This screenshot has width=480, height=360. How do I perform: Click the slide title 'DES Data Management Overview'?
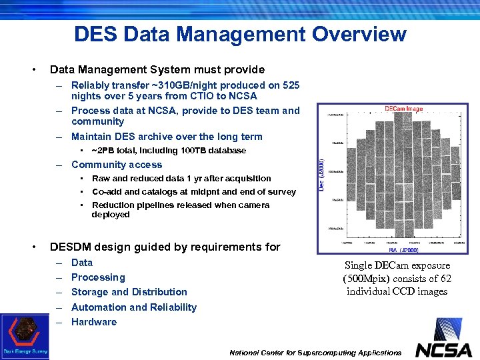[x=240, y=33]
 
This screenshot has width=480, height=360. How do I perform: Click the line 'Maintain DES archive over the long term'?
[x=167, y=137]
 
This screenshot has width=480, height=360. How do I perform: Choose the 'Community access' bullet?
[x=117, y=165]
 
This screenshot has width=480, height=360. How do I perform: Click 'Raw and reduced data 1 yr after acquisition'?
[x=181, y=179]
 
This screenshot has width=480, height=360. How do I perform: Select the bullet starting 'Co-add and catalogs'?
[x=193, y=192]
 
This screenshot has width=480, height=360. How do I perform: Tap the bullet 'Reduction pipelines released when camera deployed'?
[x=180, y=210]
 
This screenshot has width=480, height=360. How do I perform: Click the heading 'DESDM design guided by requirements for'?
[x=165, y=247]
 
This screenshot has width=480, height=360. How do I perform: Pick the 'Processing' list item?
[x=98, y=277]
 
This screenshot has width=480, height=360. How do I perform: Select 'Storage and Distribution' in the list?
[x=129, y=292]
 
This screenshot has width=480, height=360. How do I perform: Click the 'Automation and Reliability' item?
[x=134, y=307]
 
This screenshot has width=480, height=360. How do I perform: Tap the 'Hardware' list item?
[x=94, y=322]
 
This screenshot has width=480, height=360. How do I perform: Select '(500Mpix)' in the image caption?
[x=367, y=278]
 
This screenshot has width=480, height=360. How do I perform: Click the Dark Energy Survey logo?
[x=25, y=337]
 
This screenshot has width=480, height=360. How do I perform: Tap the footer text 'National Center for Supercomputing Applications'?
[x=316, y=353]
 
